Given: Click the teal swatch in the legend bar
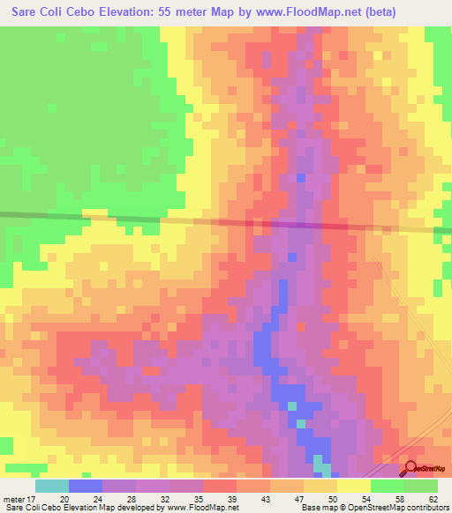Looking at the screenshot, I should click(x=52, y=486).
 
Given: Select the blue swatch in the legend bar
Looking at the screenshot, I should click(x=86, y=486).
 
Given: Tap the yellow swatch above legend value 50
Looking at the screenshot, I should click(x=320, y=486).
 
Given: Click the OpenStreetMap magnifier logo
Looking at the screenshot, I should click(x=411, y=468).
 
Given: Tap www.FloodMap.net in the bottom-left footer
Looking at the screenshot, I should click(x=200, y=509).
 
